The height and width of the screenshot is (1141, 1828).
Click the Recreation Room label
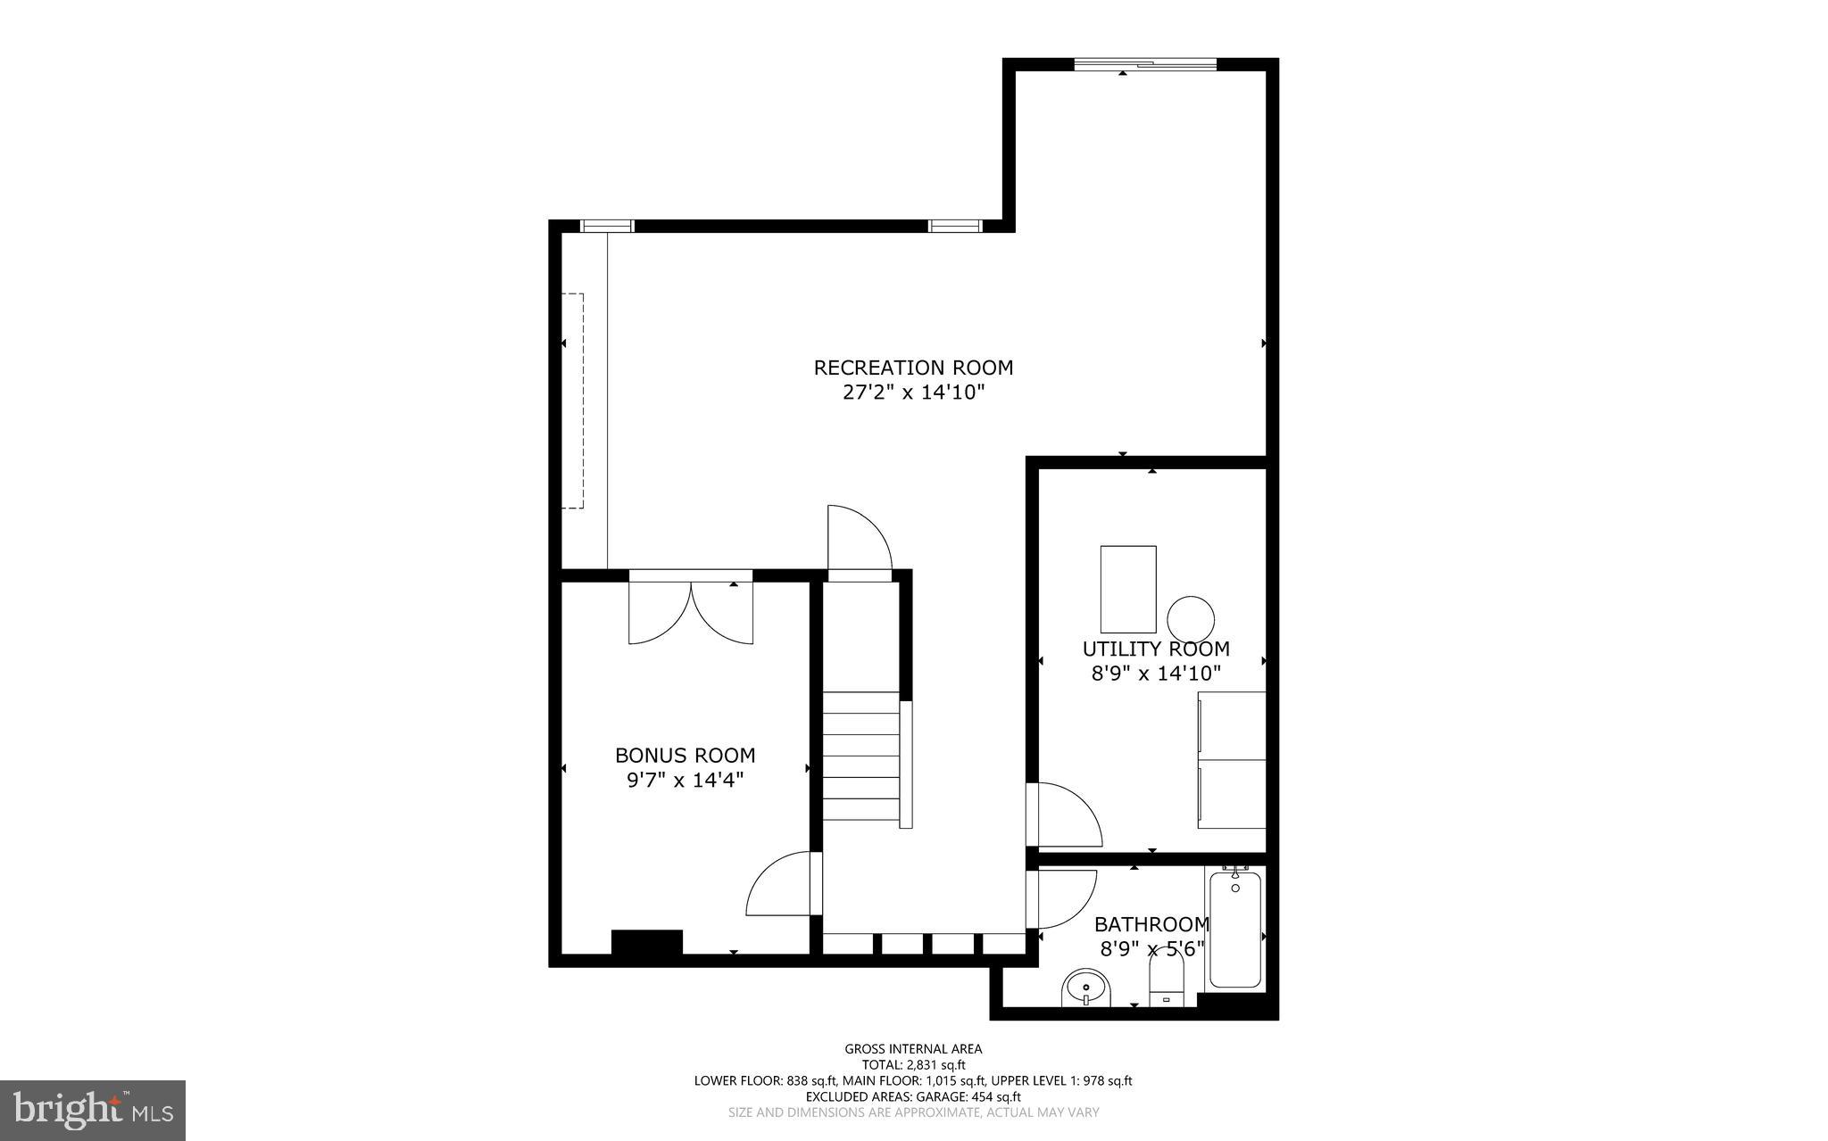(x=913, y=368)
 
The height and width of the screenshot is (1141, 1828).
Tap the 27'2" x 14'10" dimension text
(x=913, y=393)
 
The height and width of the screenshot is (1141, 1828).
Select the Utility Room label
(x=1156, y=649)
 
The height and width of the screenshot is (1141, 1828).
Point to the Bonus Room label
(x=685, y=756)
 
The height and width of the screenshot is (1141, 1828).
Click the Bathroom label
(x=1151, y=924)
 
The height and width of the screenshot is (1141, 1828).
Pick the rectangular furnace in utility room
(x=1128, y=589)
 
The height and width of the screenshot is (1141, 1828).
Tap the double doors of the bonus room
(x=691, y=611)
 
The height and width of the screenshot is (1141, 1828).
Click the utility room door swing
(x=1064, y=814)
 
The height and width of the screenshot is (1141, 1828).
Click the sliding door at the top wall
(x=1145, y=63)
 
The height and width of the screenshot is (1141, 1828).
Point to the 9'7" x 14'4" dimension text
(x=685, y=781)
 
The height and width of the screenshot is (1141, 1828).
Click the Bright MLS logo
(x=92, y=1110)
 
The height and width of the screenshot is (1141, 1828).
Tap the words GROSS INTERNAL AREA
(x=913, y=1049)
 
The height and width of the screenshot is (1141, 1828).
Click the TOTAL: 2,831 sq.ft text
(x=913, y=1064)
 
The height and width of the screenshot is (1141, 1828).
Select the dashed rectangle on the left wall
(x=572, y=401)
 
